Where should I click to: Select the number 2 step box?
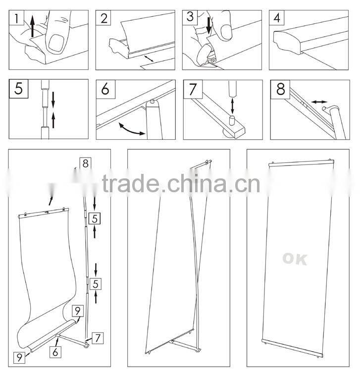104,19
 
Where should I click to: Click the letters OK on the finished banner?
294,259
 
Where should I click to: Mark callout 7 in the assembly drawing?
98,338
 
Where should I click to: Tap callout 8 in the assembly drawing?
85,163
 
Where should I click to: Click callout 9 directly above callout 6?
78,310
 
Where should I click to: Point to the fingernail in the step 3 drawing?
227,31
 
